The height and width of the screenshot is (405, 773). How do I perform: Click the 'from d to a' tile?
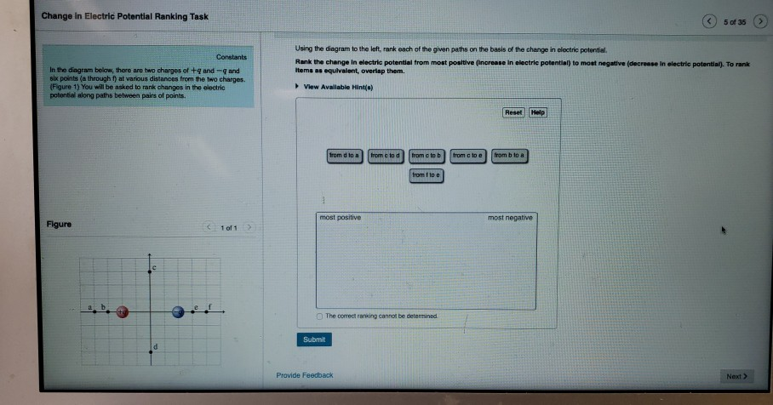click(346, 156)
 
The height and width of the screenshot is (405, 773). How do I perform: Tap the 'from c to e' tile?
click(468, 156)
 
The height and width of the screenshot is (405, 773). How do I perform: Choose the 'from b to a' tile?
click(510, 156)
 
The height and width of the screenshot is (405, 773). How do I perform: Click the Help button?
click(538, 111)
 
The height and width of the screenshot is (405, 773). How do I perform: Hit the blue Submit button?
click(313, 339)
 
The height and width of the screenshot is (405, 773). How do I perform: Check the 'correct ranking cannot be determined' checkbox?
click(319, 316)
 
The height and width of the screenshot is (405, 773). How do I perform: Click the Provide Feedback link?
click(305, 375)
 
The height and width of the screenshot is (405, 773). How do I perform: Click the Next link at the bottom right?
click(736, 375)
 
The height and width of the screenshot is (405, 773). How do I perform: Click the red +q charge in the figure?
click(123, 311)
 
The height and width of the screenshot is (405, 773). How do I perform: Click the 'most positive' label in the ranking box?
click(340, 218)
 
